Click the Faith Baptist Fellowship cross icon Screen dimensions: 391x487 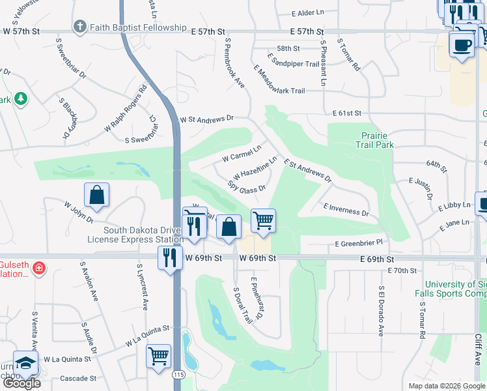click(x=79, y=27)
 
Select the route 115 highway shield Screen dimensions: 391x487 click(x=177, y=375)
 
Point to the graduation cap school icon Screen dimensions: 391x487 click(x=26, y=363)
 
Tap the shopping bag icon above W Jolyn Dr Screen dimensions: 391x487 click(x=96, y=194)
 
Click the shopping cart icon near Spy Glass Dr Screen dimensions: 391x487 click(x=263, y=221)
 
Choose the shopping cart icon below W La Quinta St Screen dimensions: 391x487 click(x=158, y=356)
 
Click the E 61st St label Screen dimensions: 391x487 click(x=346, y=113)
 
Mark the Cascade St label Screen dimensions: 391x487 click(x=77, y=378)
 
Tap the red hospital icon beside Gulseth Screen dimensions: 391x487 click(x=38, y=268)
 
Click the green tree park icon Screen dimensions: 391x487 click(x=21, y=98)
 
